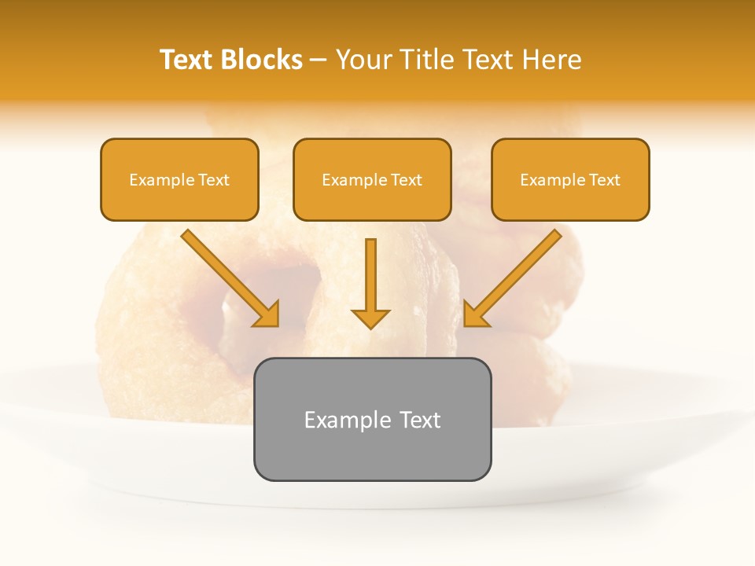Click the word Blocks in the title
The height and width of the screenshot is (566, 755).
[262, 60]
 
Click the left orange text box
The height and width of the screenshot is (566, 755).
[179, 180]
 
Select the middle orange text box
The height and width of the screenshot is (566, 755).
[372, 180]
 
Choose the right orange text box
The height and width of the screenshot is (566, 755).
[570, 180]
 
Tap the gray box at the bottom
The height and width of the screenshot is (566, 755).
[372, 419]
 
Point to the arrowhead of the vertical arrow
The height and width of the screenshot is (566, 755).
[370, 318]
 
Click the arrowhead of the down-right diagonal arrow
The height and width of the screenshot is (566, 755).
[267, 314]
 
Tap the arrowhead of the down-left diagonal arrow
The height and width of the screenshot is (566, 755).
[475, 314]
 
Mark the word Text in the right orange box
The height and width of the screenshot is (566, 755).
[605, 180]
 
